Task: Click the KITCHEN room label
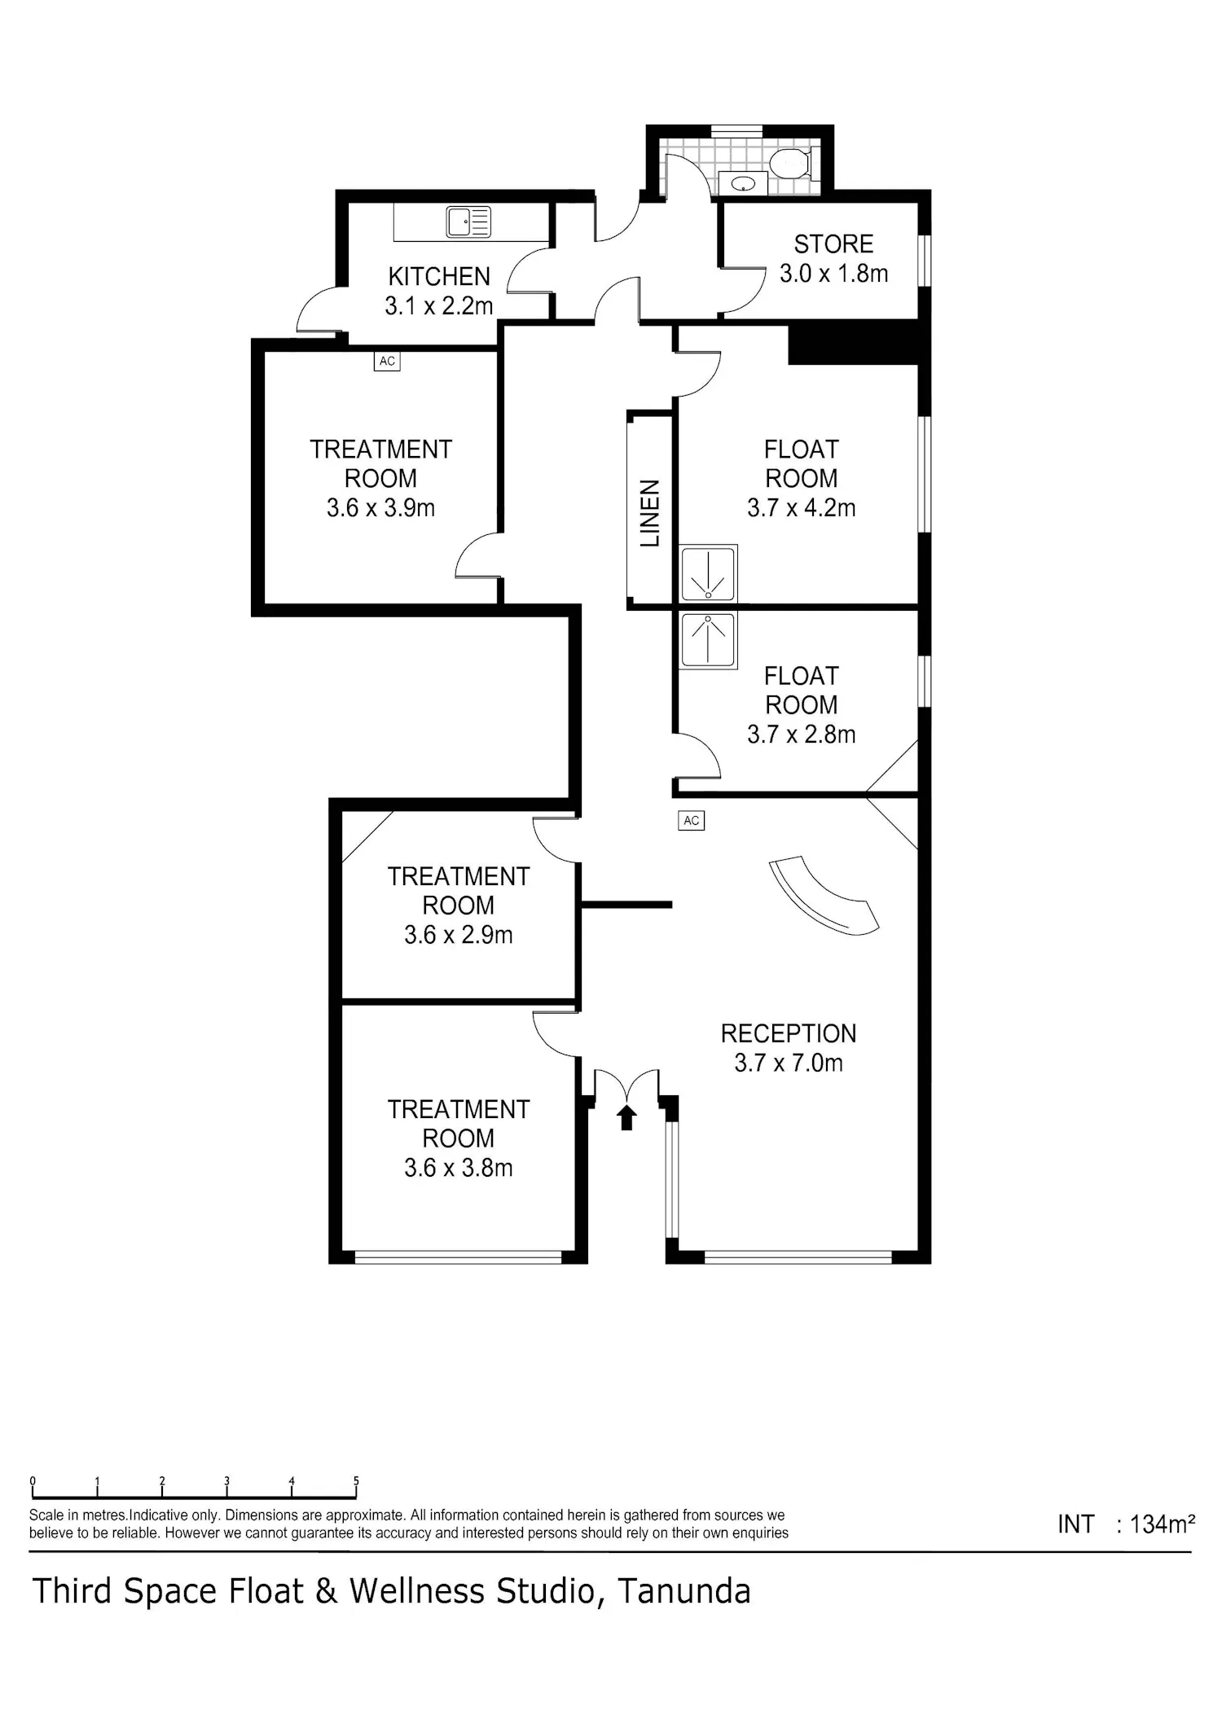tap(439, 277)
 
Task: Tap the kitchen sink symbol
tap(468, 221)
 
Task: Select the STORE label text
tap(833, 244)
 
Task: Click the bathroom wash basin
tap(743, 184)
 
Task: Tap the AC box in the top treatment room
tap(387, 361)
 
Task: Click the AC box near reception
tap(691, 821)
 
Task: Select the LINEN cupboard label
tap(649, 513)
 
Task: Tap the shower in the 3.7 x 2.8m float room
tap(708, 640)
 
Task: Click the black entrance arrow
tap(626, 1117)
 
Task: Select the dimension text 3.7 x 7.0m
tap(789, 1063)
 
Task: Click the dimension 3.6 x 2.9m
tap(459, 935)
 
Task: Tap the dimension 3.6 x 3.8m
tap(459, 1168)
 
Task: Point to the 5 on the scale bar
tap(356, 1481)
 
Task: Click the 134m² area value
tap(1163, 1524)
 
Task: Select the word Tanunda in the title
tap(684, 1591)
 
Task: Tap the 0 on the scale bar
tap(33, 1481)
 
